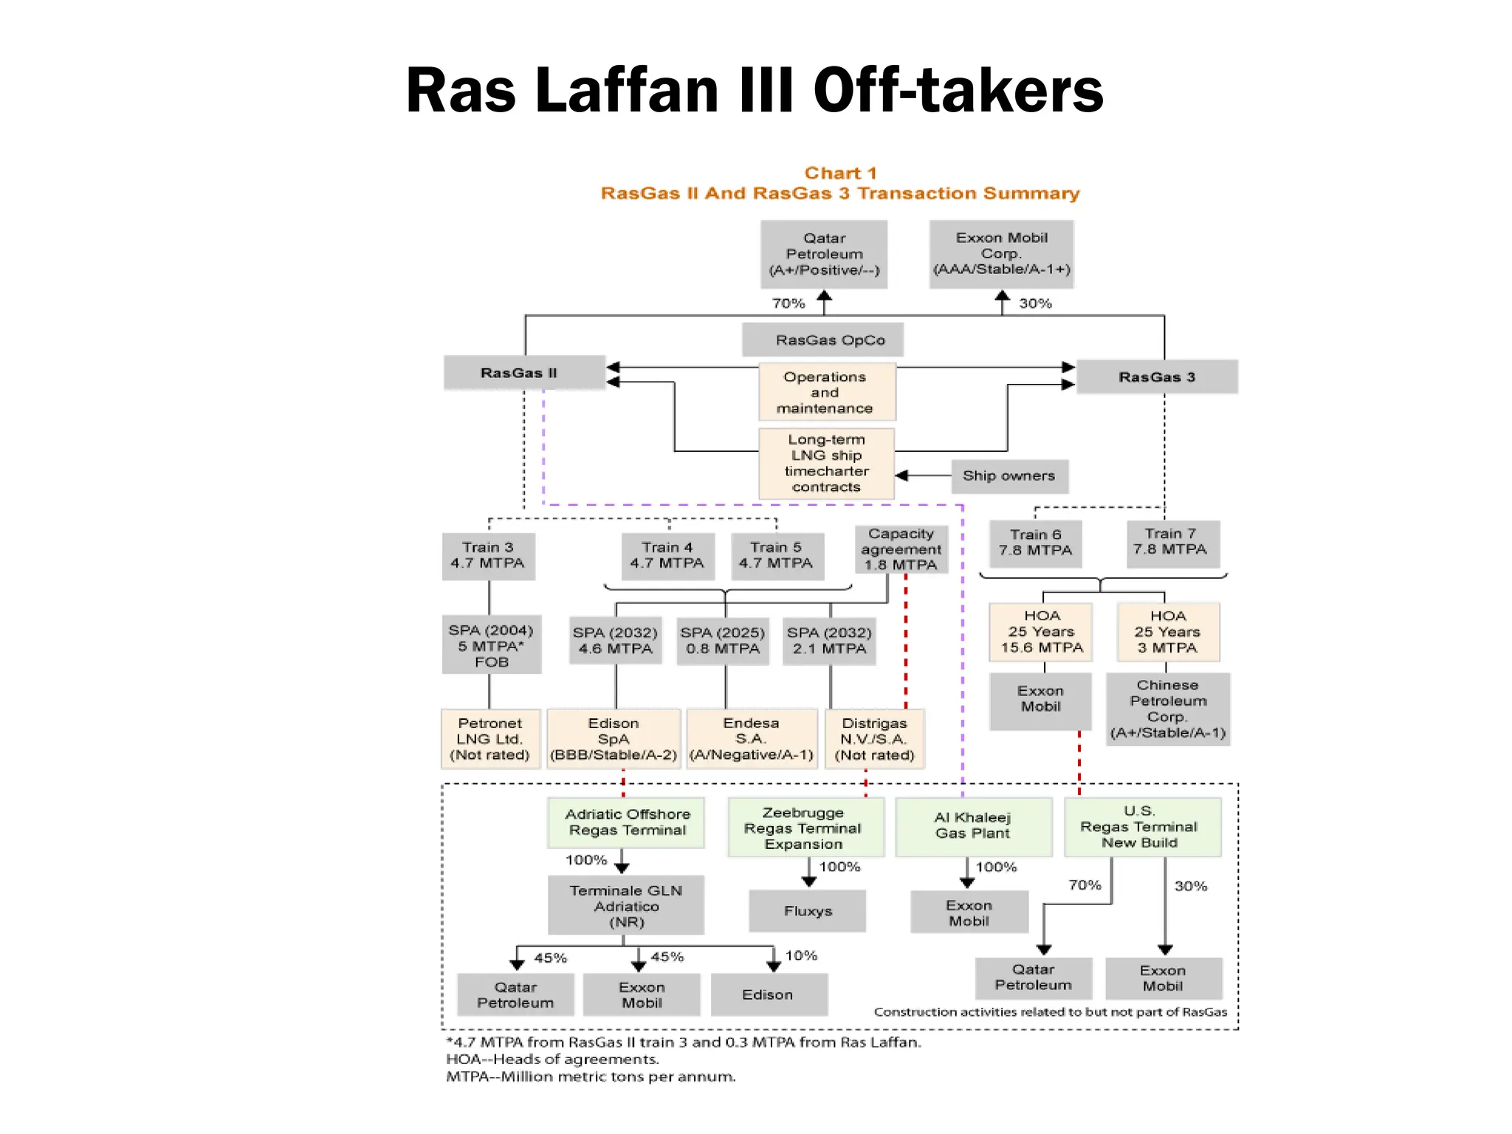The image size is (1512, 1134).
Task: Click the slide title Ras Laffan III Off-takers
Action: [755, 90]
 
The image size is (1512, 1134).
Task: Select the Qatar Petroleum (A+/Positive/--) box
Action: [824, 254]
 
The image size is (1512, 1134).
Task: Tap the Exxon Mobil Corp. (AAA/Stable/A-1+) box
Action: [1001, 253]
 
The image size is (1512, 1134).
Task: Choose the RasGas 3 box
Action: [1156, 377]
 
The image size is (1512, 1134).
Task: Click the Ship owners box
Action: [1008, 476]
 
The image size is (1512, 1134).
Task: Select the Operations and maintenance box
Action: [825, 392]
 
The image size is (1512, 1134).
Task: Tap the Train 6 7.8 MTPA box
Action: [1035, 543]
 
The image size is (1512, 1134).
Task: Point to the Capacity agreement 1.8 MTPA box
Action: [901, 549]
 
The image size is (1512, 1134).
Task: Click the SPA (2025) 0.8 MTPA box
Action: [723, 641]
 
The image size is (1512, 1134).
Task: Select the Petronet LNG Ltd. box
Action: [489, 739]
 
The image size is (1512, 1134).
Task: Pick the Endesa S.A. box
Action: [751, 739]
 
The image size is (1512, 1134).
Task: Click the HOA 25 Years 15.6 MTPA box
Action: [1041, 632]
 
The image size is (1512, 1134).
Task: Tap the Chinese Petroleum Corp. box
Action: [1167, 709]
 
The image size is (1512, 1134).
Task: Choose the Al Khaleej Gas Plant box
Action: [972, 825]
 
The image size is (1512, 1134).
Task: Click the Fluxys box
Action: [808, 911]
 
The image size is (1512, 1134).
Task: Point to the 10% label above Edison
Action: [801, 955]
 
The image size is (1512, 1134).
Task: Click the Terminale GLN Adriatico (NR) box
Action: [625, 906]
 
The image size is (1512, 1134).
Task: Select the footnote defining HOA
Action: [552, 1059]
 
